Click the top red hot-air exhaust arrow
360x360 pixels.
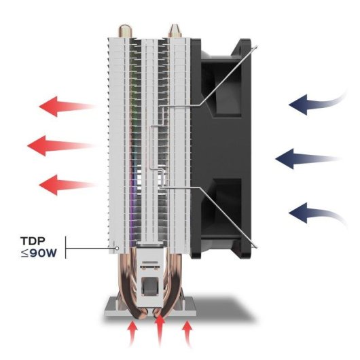(x=67, y=106)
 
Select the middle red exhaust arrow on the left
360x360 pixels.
(x=61, y=145)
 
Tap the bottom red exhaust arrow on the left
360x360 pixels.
(x=67, y=185)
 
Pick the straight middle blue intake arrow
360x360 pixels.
(x=306, y=159)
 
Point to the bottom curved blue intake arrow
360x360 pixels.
(x=317, y=213)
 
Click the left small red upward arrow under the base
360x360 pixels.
(x=132, y=333)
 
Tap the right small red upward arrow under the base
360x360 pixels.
(x=187, y=333)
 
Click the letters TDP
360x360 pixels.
(x=33, y=241)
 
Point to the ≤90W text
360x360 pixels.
(x=39, y=253)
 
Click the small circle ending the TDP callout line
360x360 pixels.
(x=117, y=248)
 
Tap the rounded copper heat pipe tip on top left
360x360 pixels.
(x=125, y=31)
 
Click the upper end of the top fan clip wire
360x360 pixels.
(x=256, y=47)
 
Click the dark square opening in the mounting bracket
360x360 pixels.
(x=149, y=286)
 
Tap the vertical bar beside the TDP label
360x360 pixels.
(x=66, y=247)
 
